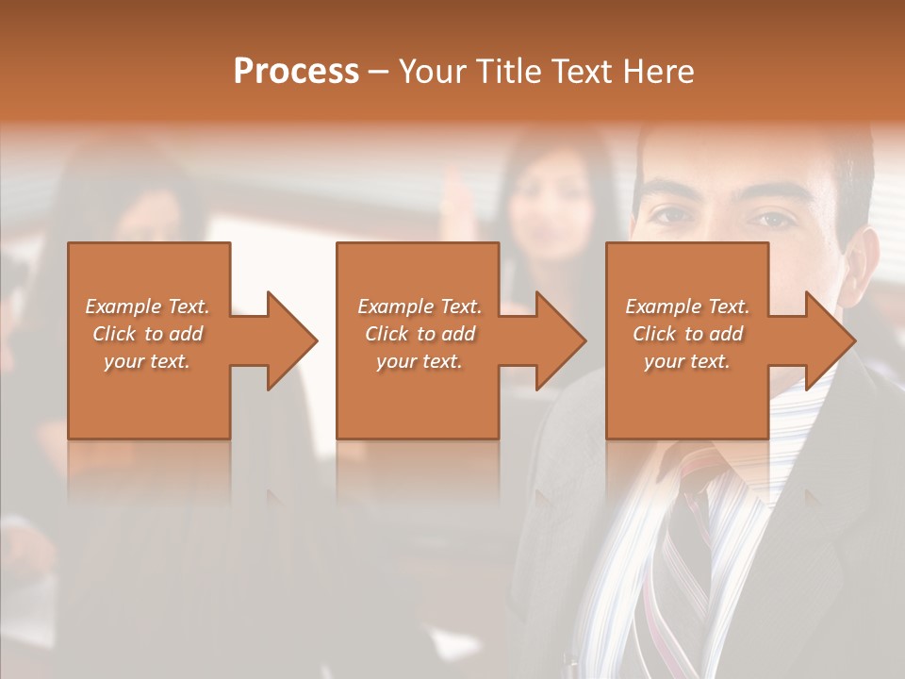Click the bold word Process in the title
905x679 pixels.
(296, 72)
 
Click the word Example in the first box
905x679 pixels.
(123, 306)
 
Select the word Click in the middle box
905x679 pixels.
(386, 334)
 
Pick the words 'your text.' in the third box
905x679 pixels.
(687, 361)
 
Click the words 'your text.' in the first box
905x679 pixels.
(147, 361)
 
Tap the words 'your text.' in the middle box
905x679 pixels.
(420, 361)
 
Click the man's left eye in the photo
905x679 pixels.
(774, 218)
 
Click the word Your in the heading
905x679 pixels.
(432, 72)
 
